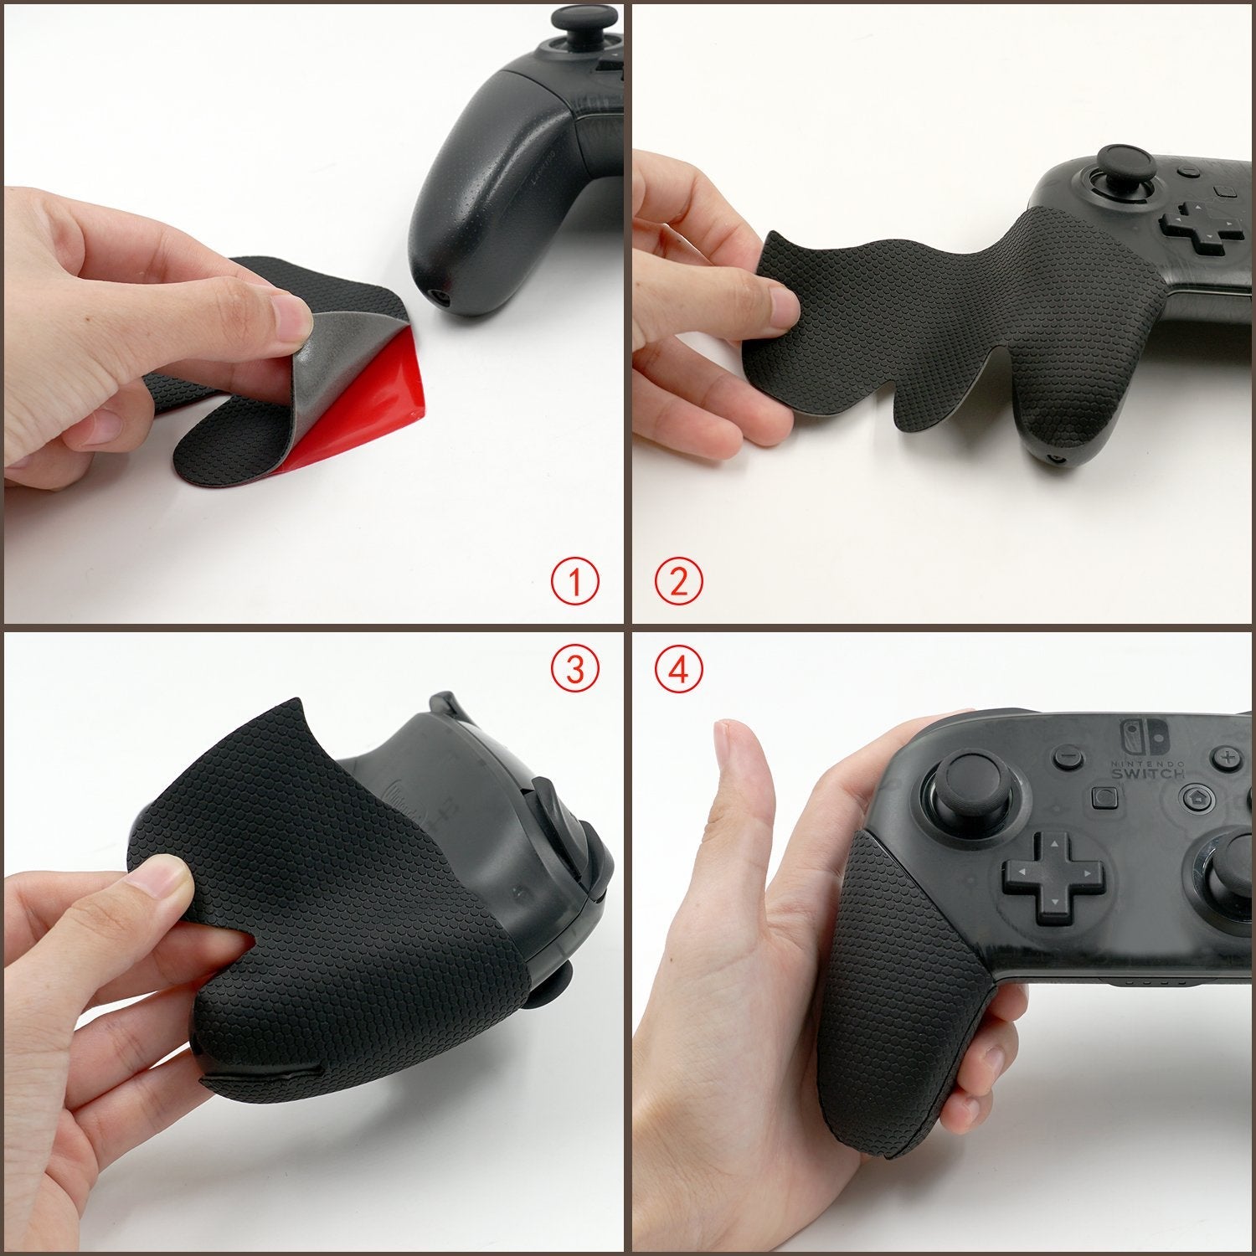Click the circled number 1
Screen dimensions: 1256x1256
pos(575,582)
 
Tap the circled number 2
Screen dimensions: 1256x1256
pos(677,582)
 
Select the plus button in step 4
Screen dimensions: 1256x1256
pos(1228,758)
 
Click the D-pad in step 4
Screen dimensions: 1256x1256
pos(1051,876)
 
